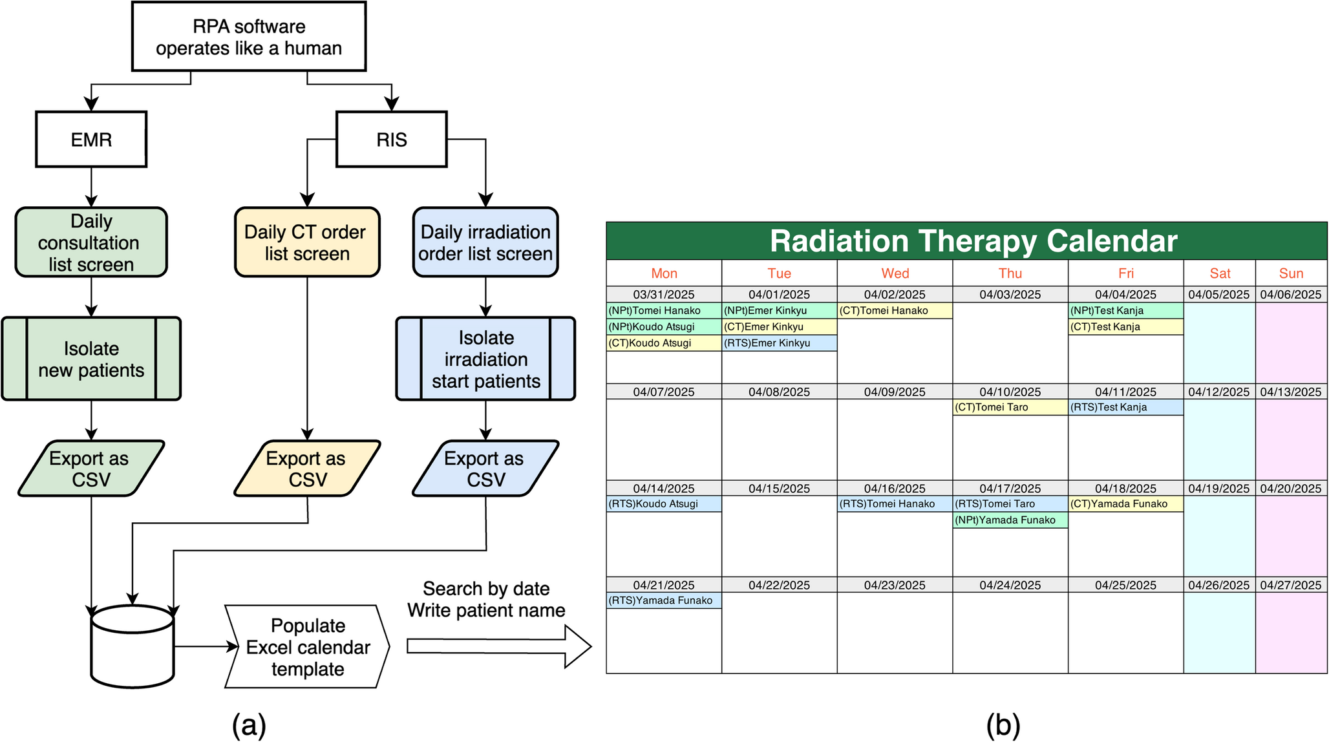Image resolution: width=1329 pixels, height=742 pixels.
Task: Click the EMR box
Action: [91, 140]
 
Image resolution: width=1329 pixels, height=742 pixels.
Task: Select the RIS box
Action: [391, 140]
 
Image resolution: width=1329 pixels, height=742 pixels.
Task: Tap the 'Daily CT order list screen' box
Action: [306, 242]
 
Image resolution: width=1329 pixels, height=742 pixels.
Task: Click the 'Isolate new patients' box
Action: [91, 359]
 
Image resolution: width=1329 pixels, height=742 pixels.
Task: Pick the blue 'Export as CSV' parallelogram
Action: [485, 469]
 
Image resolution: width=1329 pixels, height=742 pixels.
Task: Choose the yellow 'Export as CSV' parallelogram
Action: [306, 469]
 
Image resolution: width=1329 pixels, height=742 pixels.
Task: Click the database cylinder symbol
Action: [133, 646]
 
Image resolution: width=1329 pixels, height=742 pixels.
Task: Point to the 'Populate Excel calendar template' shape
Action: [307, 646]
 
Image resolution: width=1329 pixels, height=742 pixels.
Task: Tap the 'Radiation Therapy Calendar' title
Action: [973, 241]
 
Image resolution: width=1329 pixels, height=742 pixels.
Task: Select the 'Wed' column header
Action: [895, 273]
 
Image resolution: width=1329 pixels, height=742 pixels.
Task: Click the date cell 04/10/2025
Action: [1010, 392]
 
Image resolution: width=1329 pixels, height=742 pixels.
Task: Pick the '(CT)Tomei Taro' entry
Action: [1010, 407]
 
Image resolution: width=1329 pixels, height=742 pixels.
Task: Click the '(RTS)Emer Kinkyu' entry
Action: [779, 343]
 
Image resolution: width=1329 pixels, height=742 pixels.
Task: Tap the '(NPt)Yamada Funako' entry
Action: [1010, 520]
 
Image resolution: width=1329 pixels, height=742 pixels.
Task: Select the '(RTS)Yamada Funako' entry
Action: [663, 600]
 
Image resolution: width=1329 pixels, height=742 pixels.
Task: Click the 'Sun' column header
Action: [1291, 273]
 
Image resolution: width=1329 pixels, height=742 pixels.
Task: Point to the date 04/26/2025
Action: [1218, 585]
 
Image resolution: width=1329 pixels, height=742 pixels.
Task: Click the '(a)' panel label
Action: [249, 725]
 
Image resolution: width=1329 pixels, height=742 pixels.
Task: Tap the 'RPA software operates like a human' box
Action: [249, 37]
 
